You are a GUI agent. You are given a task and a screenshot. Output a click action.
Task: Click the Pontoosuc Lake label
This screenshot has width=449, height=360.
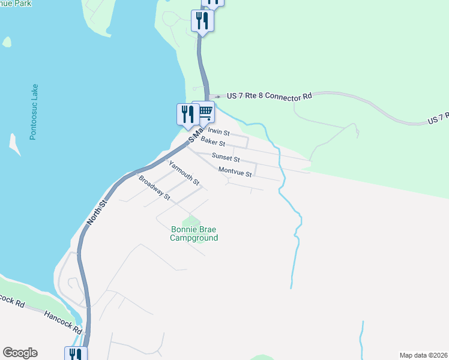point(34,112)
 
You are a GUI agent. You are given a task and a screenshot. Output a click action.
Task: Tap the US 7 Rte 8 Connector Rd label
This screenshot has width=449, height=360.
point(269,96)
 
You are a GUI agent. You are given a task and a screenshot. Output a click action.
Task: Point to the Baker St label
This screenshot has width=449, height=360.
point(212,142)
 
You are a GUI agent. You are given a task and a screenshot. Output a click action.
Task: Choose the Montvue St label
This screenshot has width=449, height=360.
point(234,172)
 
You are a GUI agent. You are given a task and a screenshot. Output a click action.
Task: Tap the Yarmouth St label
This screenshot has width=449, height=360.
point(183,173)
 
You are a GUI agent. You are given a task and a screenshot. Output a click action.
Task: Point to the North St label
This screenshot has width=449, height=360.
point(96,213)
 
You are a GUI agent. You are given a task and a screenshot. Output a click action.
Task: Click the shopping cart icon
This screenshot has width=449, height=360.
point(204,111)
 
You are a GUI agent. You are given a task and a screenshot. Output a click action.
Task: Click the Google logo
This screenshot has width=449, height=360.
point(20,353)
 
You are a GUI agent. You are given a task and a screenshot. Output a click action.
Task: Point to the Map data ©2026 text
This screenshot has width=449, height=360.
point(423,355)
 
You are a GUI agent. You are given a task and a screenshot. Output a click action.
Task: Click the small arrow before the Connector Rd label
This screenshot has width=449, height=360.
point(217,96)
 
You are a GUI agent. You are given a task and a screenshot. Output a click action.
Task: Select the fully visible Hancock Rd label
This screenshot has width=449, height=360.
point(62,320)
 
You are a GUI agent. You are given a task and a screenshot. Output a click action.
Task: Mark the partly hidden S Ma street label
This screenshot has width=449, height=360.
point(196,133)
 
